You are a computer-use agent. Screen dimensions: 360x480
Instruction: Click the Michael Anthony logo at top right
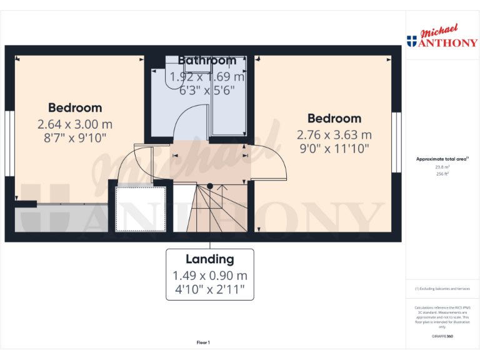coord(442,37)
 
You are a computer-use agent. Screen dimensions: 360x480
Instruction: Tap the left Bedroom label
coord(75,107)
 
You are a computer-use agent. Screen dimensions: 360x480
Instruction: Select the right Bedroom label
coord(334,118)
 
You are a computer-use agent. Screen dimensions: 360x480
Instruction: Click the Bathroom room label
coord(207,61)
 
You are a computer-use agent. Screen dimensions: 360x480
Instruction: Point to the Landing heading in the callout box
coord(209,259)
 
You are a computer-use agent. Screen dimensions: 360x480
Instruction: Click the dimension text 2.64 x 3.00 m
coord(75,124)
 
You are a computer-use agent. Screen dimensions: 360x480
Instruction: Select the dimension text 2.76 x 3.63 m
coord(334,134)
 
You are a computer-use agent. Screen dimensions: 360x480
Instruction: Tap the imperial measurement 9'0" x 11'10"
coord(334,149)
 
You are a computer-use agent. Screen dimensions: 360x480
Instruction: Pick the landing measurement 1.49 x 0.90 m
coord(209,276)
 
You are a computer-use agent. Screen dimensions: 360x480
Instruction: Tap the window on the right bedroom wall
coord(396,142)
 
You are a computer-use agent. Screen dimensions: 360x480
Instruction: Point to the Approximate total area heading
coord(441,159)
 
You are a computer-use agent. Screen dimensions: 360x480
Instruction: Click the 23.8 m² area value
coord(441,167)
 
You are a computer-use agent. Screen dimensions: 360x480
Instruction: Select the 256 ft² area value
coord(441,174)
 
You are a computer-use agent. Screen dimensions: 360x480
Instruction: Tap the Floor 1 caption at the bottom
coord(203,342)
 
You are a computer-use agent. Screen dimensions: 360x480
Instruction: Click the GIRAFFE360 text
coord(442,336)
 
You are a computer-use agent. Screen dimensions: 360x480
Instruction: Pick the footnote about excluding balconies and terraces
coord(442,289)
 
